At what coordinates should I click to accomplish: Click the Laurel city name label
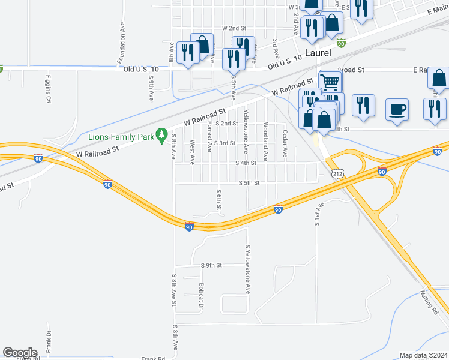(318, 53)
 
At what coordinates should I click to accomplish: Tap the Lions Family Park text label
(121, 137)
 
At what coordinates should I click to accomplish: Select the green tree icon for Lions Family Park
(161, 136)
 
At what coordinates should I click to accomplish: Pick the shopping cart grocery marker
(331, 82)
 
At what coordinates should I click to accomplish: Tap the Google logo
(20, 353)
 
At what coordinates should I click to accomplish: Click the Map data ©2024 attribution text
(423, 355)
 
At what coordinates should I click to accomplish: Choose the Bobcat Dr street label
(202, 296)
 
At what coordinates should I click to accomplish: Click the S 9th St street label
(212, 265)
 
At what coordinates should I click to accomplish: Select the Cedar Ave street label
(285, 142)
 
